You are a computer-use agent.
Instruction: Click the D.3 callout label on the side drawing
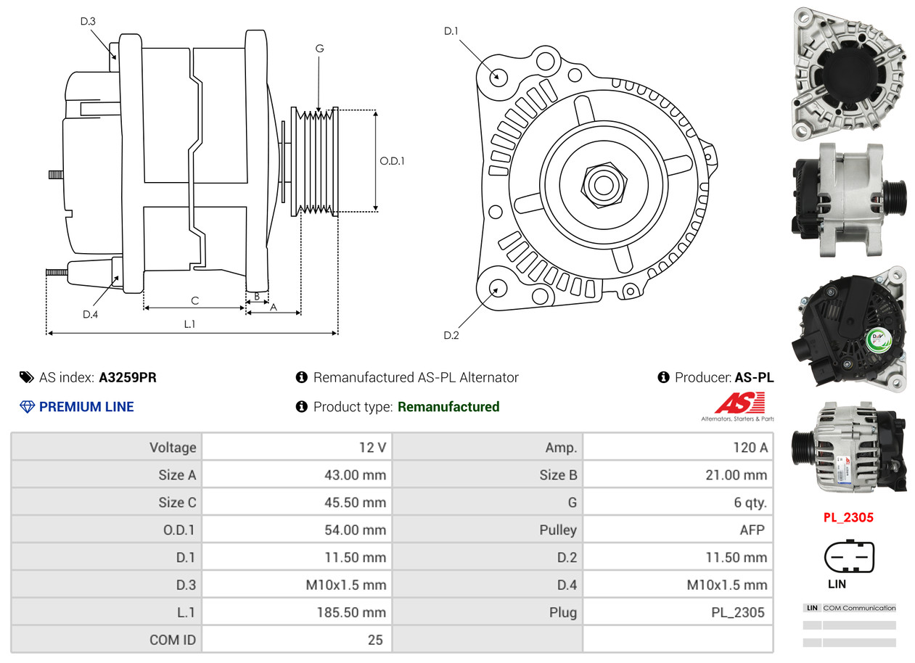click(88, 22)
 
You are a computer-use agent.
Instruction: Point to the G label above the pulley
click(319, 49)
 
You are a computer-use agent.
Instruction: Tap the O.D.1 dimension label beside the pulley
click(392, 161)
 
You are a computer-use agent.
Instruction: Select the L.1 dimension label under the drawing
click(189, 324)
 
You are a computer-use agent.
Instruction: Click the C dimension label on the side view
click(194, 300)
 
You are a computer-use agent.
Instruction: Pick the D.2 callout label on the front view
click(451, 335)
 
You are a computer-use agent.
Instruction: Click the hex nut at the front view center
click(602, 184)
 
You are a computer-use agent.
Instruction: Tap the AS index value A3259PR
click(128, 377)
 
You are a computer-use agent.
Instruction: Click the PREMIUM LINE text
click(86, 407)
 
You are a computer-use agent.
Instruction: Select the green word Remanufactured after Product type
click(448, 407)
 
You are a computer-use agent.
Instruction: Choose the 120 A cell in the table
click(750, 448)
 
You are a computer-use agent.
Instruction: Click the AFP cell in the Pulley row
click(752, 530)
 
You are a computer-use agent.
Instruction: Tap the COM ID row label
click(173, 641)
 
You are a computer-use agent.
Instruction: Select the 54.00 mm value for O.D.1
click(355, 530)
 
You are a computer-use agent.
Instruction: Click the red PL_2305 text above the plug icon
click(848, 517)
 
